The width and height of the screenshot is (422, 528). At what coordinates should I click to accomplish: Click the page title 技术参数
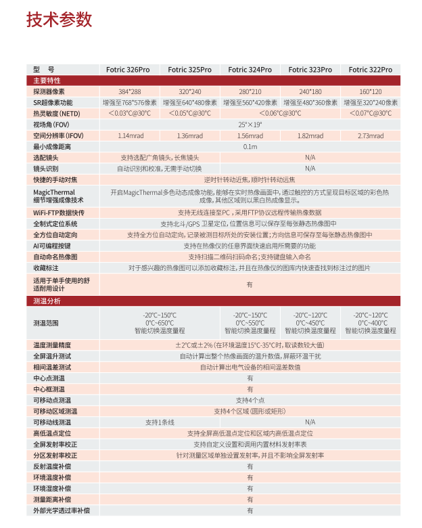59,20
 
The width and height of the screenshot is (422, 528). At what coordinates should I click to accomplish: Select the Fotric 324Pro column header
250,70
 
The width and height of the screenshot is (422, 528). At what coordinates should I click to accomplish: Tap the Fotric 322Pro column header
370,70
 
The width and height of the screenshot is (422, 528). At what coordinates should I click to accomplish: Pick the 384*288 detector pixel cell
129,91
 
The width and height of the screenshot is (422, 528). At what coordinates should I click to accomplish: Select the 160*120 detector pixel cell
370,91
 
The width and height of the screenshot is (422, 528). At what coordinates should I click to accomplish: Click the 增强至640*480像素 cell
190,102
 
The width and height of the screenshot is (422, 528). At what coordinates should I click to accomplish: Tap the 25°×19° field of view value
250,125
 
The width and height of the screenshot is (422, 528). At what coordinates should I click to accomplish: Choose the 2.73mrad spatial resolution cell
370,135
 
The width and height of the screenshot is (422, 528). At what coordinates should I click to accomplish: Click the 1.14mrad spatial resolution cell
129,135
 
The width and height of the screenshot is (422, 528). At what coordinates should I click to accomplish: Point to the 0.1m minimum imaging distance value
250,146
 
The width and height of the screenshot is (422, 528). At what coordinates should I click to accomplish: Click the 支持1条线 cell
160,422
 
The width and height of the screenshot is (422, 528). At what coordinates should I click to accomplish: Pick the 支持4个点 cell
250,399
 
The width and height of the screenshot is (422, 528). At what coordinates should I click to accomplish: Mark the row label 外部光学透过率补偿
62,510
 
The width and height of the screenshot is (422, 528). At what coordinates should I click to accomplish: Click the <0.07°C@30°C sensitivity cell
370,113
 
